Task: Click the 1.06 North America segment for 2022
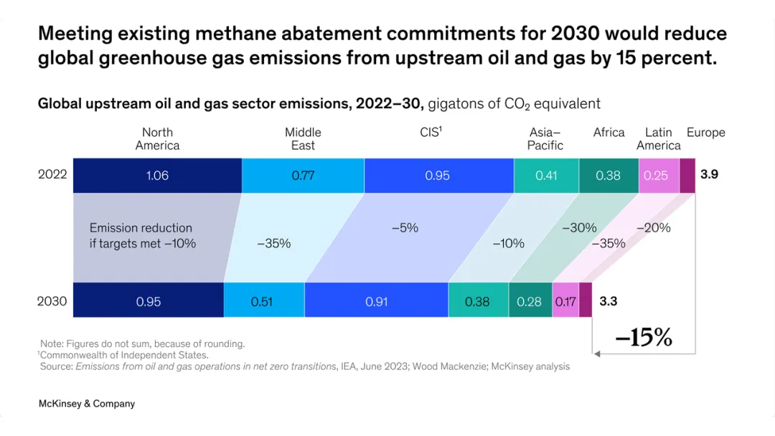pos(157,175)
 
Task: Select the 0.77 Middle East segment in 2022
pos(303,175)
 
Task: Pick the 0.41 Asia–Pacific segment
pos(546,175)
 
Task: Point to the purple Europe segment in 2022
pos(687,175)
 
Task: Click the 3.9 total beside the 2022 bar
pos(709,174)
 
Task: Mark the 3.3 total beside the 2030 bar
pos(608,301)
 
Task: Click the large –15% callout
pos(644,337)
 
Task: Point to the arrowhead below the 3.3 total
pos(597,354)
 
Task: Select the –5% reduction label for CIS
pos(405,227)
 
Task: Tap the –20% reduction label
pos(654,227)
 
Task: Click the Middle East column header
pos(303,138)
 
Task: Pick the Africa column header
pos(609,133)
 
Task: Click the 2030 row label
pos(52,301)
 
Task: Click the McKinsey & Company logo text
pos(87,404)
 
